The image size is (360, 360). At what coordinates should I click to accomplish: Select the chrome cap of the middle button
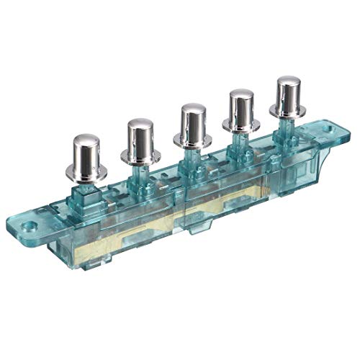tap(193, 122)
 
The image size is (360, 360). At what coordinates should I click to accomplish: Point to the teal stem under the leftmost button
tap(91, 189)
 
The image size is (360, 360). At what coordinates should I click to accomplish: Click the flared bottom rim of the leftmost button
tap(90, 174)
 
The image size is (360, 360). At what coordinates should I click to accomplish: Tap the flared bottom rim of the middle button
tap(193, 142)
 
